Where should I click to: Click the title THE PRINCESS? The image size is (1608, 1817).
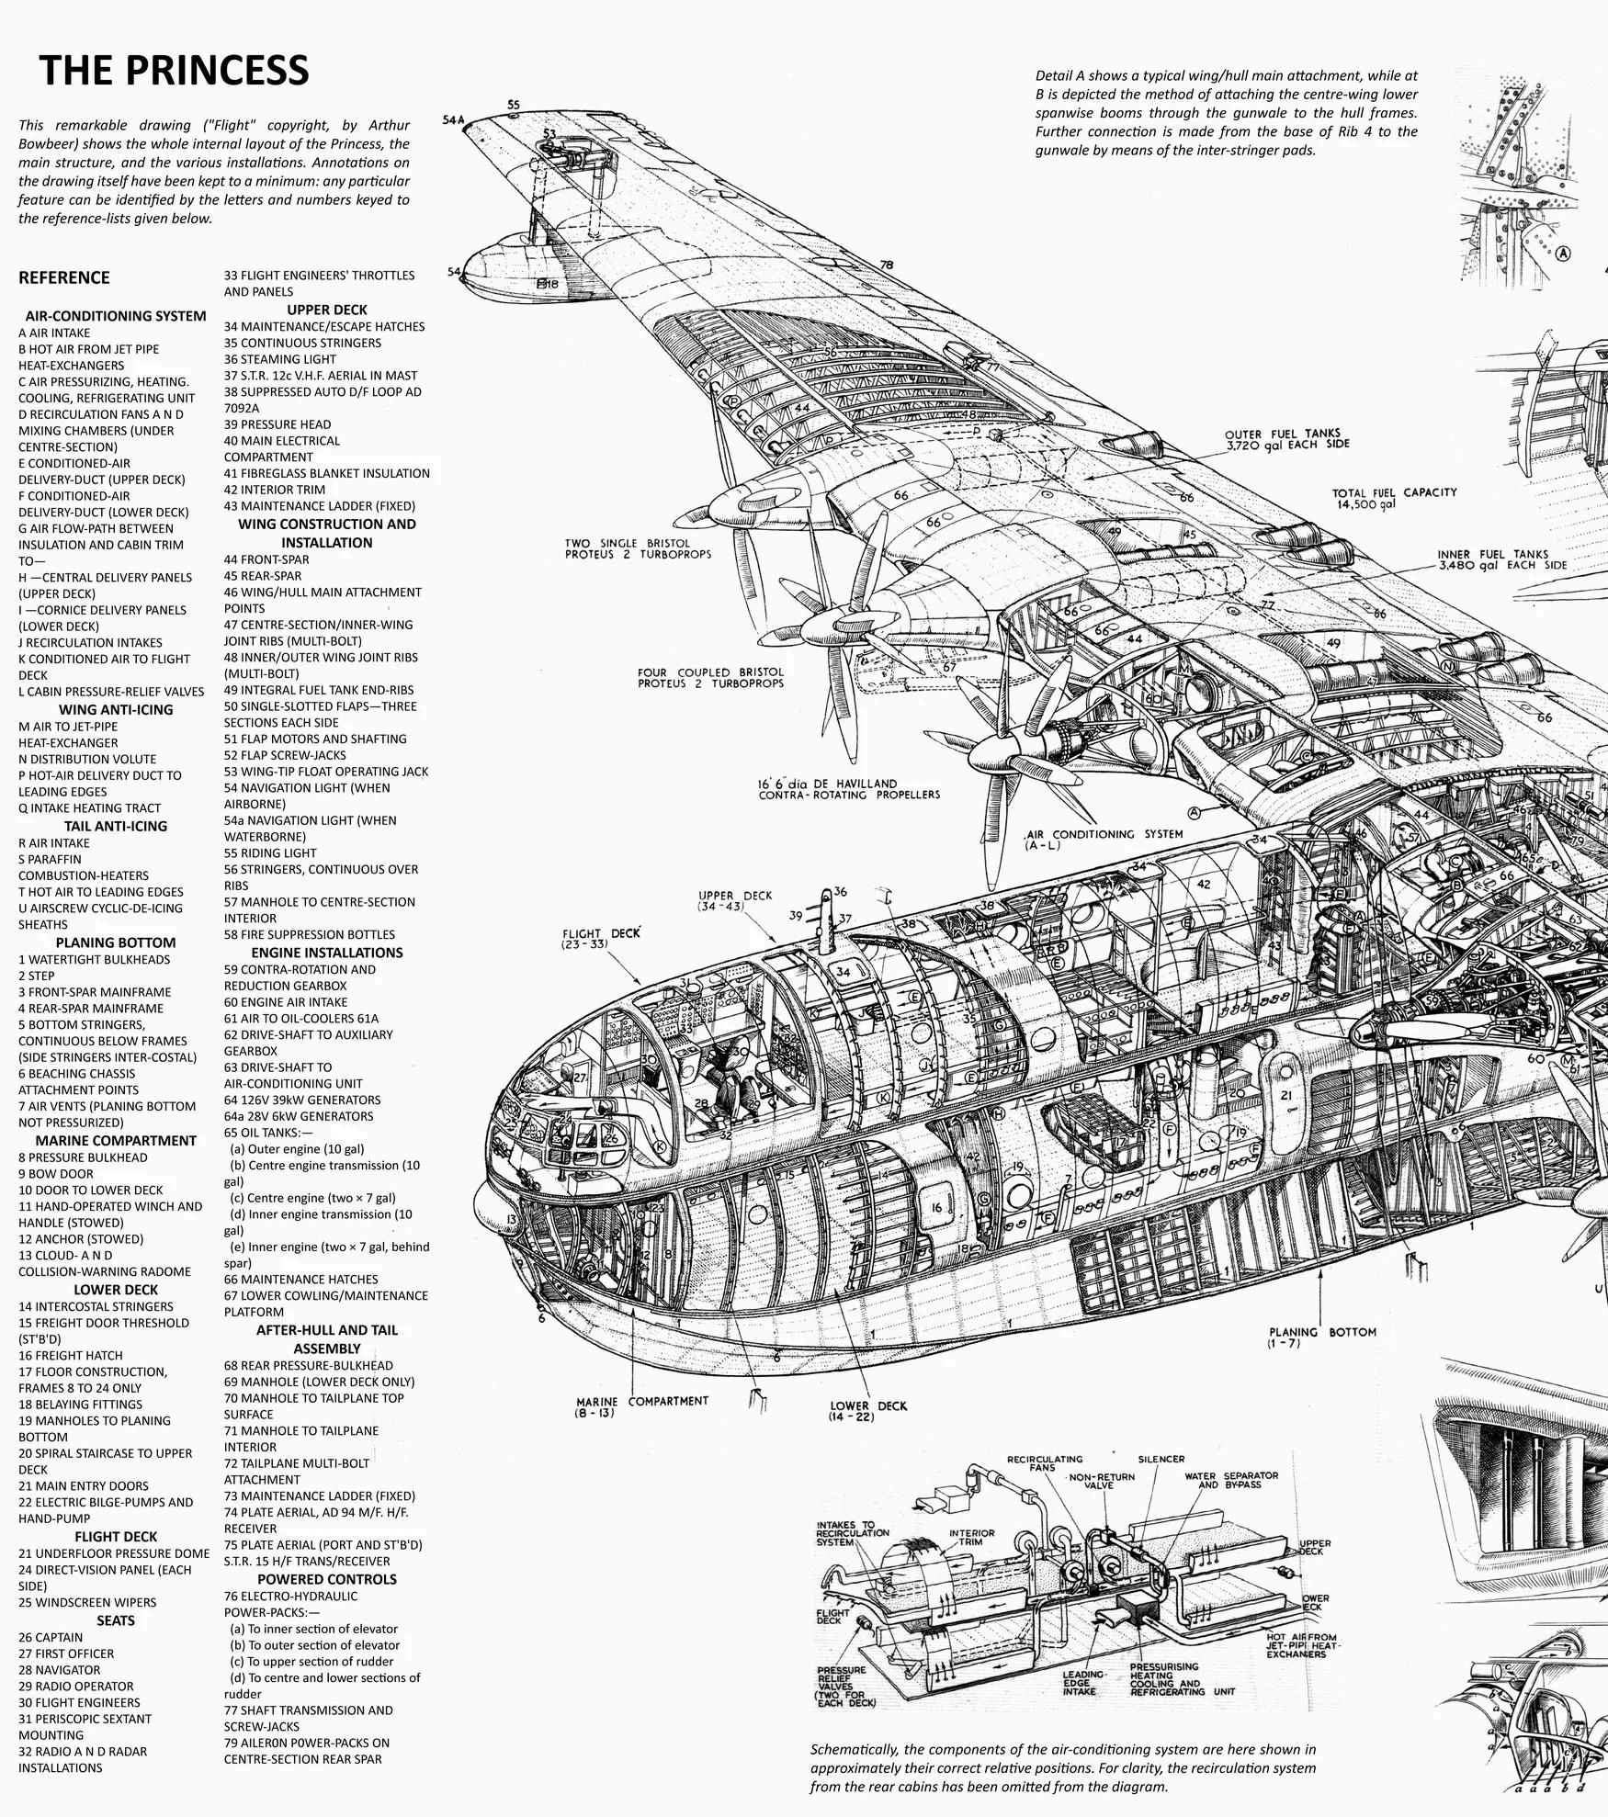coord(174,70)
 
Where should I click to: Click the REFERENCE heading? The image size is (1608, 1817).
coord(63,277)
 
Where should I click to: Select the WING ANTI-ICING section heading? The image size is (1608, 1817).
coord(116,709)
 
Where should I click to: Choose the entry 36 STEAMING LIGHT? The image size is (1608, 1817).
coord(280,359)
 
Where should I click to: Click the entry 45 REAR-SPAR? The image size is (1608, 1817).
coord(263,576)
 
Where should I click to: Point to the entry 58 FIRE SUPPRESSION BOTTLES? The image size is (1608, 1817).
coord(310,934)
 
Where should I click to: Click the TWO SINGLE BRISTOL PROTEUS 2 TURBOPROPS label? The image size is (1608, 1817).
coord(638,548)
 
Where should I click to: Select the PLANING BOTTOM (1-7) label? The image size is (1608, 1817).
coord(1322,1337)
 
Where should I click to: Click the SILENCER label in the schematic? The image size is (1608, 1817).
coord(1161,1459)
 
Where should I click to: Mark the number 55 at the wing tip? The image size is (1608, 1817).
coord(513,105)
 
